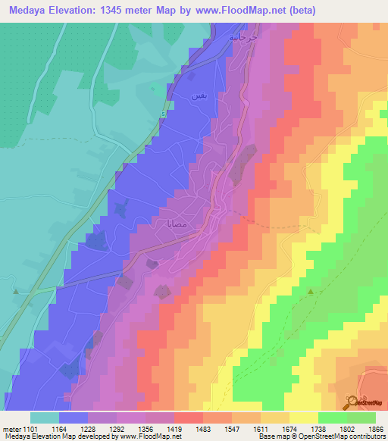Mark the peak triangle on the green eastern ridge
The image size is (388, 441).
310,291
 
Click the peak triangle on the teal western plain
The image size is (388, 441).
14,289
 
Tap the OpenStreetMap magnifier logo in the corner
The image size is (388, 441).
352,402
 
